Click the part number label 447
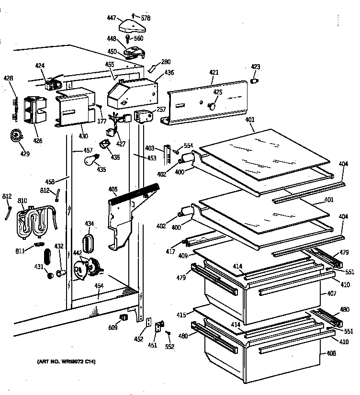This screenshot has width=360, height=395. click(112, 18)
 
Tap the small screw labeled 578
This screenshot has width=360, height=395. click(134, 15)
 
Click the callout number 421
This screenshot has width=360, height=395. click(214, 72)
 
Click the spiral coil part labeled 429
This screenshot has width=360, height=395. click(16, 136)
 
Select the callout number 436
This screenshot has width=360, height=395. click(169, 73)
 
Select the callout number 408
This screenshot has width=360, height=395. click(332, 353)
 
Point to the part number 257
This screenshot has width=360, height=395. click(161, 109)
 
